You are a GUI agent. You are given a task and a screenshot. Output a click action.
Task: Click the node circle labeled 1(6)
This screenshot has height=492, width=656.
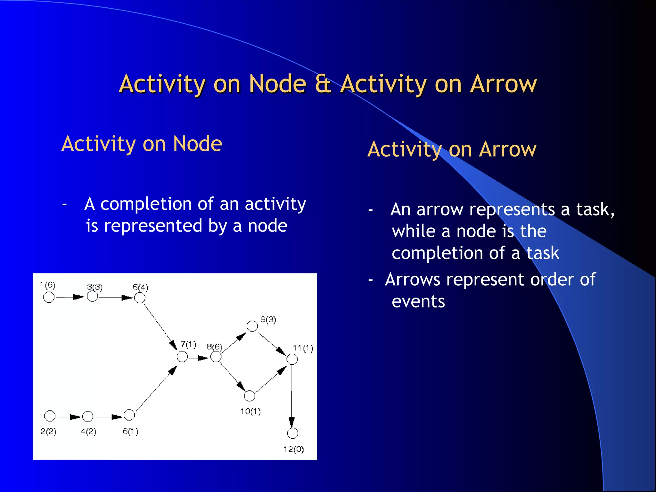49,297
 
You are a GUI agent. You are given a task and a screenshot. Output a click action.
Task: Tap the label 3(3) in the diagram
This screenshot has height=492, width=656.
95,287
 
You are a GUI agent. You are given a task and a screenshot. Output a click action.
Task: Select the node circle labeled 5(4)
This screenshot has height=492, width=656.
140,298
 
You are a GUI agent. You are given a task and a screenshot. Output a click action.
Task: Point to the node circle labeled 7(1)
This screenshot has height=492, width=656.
182,357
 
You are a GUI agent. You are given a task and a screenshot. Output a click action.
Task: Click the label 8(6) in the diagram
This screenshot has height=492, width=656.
214,347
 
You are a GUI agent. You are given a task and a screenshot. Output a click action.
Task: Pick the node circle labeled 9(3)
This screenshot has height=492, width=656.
252,326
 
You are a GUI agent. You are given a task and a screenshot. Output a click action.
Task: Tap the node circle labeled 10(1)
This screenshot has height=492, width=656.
249,396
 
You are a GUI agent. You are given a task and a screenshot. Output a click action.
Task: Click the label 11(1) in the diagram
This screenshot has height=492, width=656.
303,348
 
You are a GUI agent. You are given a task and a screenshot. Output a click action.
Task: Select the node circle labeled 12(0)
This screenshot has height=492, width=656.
292,433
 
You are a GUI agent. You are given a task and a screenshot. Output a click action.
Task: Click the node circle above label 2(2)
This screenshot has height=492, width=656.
50,416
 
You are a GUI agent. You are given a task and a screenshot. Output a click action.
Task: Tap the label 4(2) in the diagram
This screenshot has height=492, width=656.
88,431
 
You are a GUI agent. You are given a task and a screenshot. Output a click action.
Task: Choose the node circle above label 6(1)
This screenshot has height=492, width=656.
129,415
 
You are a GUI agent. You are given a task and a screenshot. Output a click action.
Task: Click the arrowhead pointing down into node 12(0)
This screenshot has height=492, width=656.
291,422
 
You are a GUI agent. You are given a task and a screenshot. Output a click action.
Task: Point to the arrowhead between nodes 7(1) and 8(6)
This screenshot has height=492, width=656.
203,358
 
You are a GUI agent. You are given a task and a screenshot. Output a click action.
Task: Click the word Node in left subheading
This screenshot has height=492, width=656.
197,143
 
